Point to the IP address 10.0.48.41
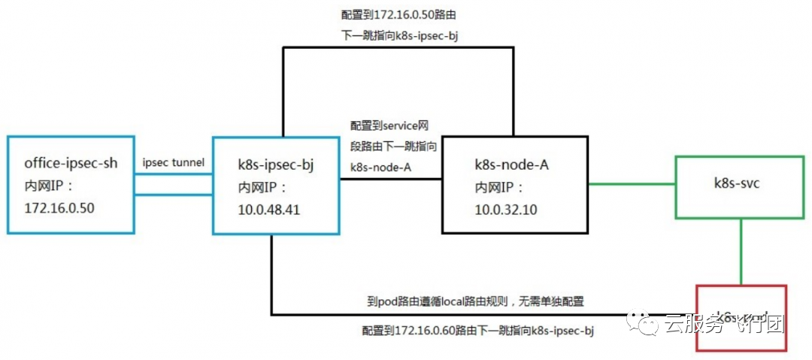268,210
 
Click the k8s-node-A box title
511,165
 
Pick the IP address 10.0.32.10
506,209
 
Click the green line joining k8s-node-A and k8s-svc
632,183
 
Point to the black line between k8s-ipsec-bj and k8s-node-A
390,179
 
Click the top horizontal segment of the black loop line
398,48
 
